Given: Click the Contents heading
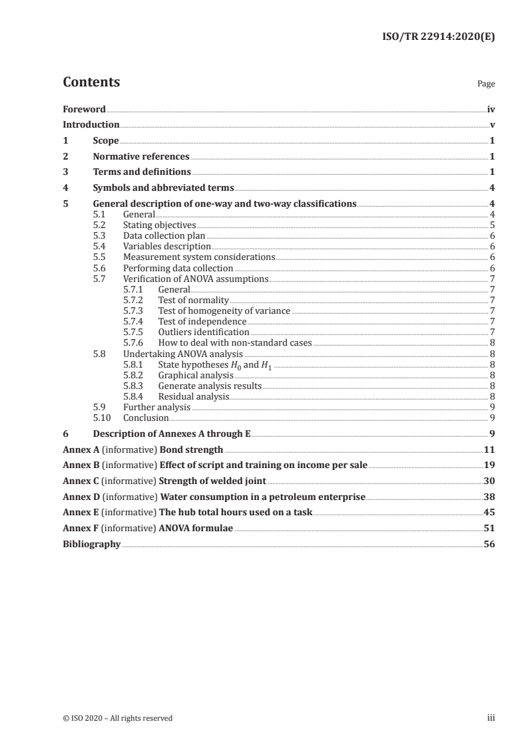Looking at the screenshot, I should tap(91, 82).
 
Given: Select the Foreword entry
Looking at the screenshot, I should tap(84, 109).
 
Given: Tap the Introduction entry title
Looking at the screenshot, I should tap(91, 124).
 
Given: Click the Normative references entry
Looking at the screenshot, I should tap(141, 157).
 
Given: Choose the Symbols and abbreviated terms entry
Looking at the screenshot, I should tap(163, 188).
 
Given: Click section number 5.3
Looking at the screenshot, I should tap(99, 235).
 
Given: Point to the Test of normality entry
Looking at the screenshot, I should tap(193, 301).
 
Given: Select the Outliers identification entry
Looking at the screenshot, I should tap(204, 332).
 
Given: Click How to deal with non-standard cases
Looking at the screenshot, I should tap(234, 342).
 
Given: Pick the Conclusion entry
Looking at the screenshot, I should tap(146, 418).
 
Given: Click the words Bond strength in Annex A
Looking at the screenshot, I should tap(191, 450).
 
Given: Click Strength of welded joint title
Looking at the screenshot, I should tap(212, 481).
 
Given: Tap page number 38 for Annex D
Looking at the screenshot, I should tap(489, 497).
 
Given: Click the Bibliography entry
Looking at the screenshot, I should tap(91, 544).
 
